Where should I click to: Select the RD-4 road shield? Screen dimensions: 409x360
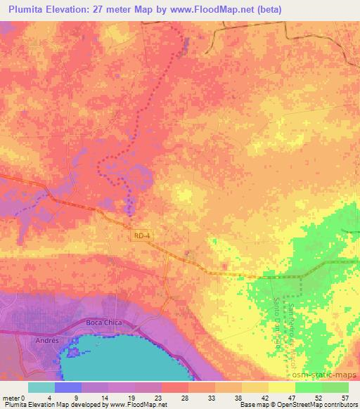coord(142,236)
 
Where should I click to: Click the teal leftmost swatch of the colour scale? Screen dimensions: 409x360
coord(41,387)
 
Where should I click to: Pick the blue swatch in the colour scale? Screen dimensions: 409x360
coord(68,387)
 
